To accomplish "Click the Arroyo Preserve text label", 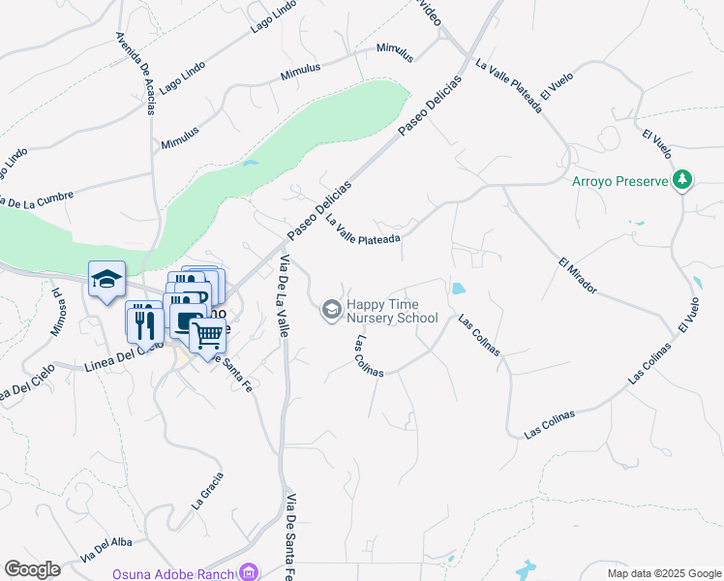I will [x=620, y=181].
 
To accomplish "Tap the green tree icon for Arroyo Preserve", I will [x=683, y=179].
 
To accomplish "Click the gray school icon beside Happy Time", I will [x=331, y=309].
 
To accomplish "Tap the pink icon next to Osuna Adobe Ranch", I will [x=251, y=572].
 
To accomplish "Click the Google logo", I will [x=32, y=569].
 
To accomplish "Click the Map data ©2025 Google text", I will [x=663, y=573].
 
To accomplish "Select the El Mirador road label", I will [x=578, y=276].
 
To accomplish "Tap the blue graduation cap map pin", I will [x=106, y=281].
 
